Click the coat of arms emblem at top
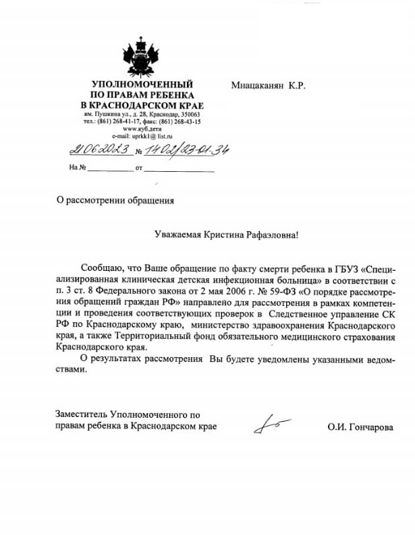click(x=142, y=57)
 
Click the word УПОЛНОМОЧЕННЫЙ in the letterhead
click(x=142, y=85)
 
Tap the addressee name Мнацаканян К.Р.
click(x=267, y=86)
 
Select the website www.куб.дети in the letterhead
click(x=142, y=129)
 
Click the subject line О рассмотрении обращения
click(x=115, y=200)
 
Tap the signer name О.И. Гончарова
click(x=359, y=427)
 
